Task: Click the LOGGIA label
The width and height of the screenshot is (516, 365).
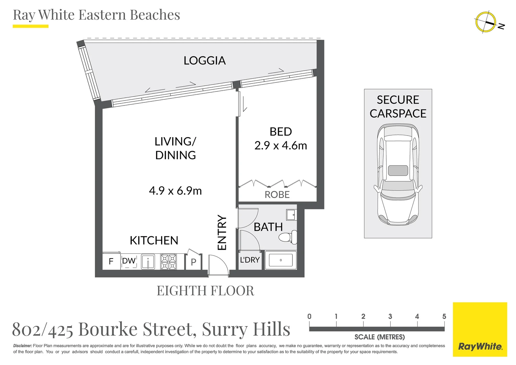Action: click(x=205, y=60)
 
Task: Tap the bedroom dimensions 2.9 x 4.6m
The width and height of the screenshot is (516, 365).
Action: click(x=281, y=146)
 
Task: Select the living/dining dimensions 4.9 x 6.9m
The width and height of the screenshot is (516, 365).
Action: click(x=175, y=191)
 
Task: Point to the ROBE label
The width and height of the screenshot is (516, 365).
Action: click(x=277, y=195)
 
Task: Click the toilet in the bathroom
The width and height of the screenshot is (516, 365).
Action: click(x=288, y=237)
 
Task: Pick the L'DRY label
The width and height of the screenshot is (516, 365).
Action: click(x=250, y=260)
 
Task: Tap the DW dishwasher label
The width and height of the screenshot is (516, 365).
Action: click(x=129, y=261)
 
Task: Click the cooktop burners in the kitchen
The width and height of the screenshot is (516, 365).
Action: click(x=168, y=262)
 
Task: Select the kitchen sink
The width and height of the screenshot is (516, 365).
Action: click(x=148, y=262)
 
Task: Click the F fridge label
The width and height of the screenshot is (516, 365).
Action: click(x=111, y=262)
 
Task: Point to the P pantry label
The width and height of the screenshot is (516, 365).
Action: click(x=193, y=262)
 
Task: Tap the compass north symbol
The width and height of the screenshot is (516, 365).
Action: click(x=486, y=22)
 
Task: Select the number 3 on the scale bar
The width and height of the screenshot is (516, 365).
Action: click(x=390, y=316)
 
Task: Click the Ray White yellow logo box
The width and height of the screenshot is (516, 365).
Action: click(x=480, y=329)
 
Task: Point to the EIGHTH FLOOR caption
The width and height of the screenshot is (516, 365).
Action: click(x=205, y=291)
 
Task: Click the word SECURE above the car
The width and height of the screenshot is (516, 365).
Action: click(x=398, y=100)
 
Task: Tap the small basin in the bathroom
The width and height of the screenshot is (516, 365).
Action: click(x=291, y=215)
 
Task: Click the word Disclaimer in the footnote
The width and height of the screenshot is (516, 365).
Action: click(x=23, y=346)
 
